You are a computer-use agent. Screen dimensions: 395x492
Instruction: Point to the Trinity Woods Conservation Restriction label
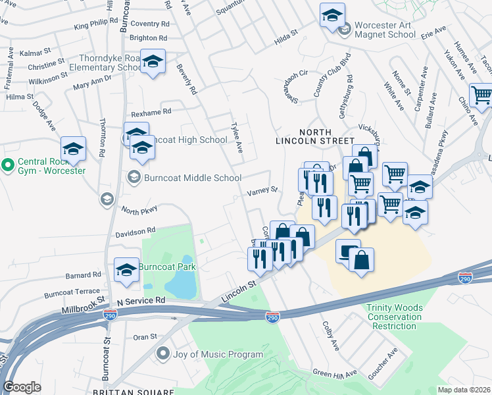pyautogui.click(x=395, y=317)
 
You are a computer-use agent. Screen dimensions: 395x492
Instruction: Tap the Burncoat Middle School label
pyautogui.click(x=184, y=177)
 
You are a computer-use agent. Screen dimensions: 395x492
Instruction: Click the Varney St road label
pyautogui.click(x=262, y=192)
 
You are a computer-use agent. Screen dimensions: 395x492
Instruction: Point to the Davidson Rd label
pyautogui.click(x=135, y=231)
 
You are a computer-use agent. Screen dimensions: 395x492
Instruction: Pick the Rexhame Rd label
pyautogui.click(x=151, y=112)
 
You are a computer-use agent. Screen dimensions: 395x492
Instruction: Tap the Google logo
pyautogui.click(x=22, y=387)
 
